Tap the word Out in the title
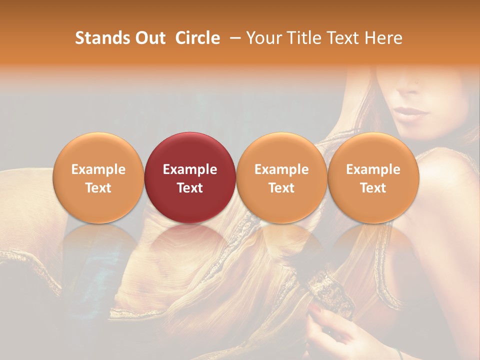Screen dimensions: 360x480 click(x=149, y=38)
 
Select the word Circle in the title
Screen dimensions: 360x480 click(x=197, y=38)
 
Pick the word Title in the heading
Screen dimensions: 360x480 click(x=300, y=38)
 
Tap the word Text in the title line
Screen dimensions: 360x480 click(x=341, y=38)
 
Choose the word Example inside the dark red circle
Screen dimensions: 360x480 click(x=190, y=169)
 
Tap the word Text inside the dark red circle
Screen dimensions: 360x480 click(x=190, y=188)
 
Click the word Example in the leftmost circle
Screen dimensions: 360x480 click(x=98, y=169)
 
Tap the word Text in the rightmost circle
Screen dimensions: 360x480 click(x=373, y=188)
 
